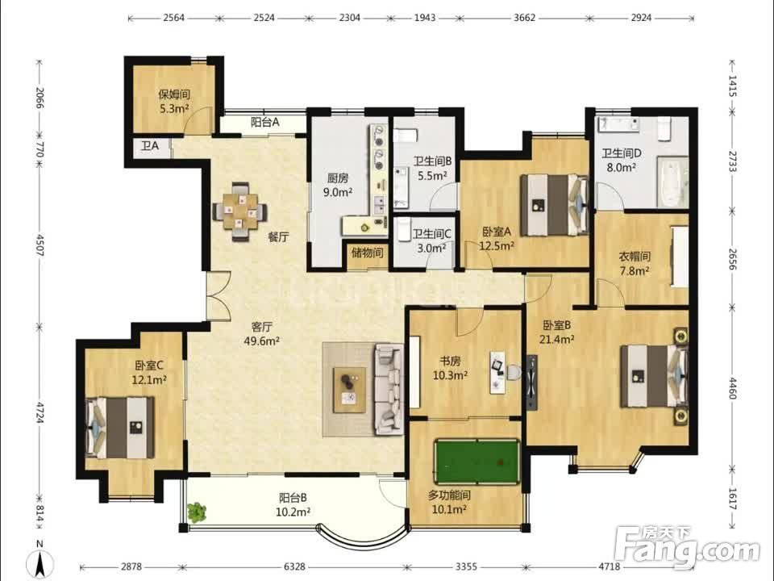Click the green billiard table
[476, 462]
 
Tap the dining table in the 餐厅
[240, 211]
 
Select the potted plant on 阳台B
[197, 512]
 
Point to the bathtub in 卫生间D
[672, 182]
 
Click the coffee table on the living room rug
[349, 389]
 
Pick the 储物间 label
[368, 253]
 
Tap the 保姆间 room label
[174, 94]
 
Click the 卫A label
[150, 146]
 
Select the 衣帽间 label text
[635, 257]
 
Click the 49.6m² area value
[262, 341]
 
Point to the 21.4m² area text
[556, 339]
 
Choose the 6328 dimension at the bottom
[295, 566]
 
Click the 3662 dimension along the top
[524, 18]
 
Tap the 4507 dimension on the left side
[40, 245]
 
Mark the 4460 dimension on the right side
[733, 388]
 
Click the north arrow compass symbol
[41, 561]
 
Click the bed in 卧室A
[556, 204]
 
